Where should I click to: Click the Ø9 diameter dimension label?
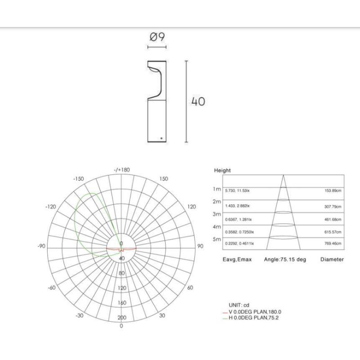coord(157,38)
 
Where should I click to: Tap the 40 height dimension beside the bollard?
coord(198,101)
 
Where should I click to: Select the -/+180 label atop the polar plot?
coord(121,170)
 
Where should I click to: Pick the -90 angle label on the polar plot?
coord(41,246)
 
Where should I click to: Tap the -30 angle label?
coord(80,315)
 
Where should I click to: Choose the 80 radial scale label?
coord(121,273)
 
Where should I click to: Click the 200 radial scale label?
coord(121,318)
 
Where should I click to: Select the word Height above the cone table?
coord(222,171)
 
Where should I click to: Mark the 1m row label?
coord(217,189)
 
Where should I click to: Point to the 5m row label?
coord(217,240)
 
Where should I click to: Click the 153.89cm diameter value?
coord(333,191)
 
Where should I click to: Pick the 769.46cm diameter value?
coord(333,243)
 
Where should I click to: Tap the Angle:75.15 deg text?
coord(285,260)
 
